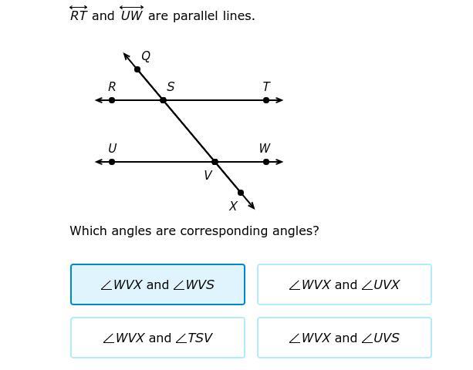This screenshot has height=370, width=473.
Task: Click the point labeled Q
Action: tap(137, 69)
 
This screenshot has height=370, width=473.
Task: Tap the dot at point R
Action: tap(112, 100)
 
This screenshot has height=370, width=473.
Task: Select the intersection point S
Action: tap(163, 100)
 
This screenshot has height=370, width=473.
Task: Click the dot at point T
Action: tap(266, 100)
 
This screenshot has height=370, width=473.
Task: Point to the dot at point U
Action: tap(112, 162)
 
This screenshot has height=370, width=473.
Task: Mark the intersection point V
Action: tap(215, 162)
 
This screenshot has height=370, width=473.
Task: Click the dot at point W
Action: tap(266, 162)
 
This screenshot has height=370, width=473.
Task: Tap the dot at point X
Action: tap(240, 193)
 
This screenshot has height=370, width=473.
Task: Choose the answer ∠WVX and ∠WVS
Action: tap(157, 284)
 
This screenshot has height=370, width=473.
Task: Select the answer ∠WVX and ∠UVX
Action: tap(344, 284)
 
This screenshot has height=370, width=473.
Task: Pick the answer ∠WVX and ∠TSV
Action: tap(157, 338)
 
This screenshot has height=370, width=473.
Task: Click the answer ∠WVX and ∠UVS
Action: tap(344, 338)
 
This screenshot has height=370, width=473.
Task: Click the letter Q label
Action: tap(146, 56)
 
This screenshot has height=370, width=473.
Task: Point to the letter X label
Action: tap(233, 207)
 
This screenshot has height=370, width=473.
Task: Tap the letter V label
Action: tap(208, 176)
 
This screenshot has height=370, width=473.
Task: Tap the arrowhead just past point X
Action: tap(252, 206)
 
